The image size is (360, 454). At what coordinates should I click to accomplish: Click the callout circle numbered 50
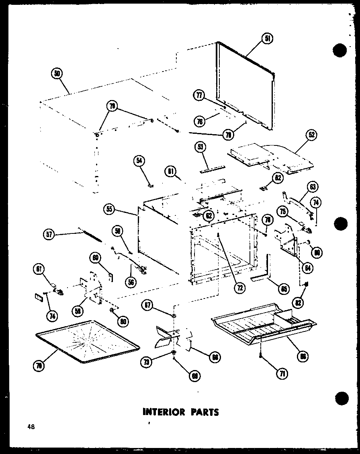point(57,74)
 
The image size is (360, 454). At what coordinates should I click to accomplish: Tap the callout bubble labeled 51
point(267,39)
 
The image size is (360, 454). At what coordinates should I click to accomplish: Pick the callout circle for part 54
point(139,161)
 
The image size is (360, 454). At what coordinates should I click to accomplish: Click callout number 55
point(109,209)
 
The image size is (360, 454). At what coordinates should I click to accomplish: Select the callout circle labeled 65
point(284,288)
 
